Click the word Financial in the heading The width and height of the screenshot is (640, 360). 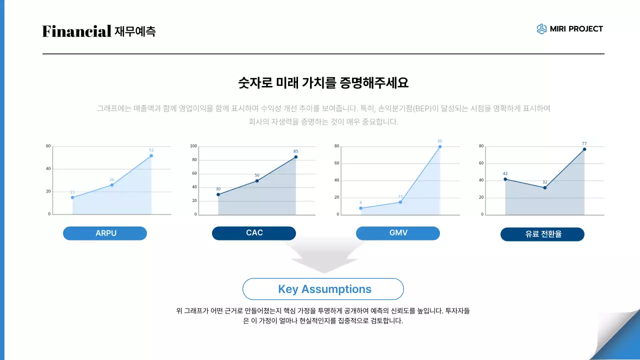pos(76,31)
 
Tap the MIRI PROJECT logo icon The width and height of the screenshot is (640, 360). pos(541,29)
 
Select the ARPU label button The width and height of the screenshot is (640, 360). pos(105,233)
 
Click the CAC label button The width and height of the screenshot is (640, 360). pos(254,233)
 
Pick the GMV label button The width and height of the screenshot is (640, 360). pos(398,233)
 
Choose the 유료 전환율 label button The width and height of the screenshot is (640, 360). pos(542,234)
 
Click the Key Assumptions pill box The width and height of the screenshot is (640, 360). pos(323,289)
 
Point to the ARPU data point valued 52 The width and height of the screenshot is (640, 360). pos(151,155)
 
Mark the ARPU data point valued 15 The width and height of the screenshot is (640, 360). pos(72,197)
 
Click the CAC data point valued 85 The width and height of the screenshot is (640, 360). pos(295,157)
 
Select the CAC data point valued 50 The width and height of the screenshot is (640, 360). pos(257,180)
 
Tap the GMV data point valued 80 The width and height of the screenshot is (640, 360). pos(440,146)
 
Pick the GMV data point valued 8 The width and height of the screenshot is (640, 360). pos(360,208)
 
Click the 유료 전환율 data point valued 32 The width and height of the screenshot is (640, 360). pos(544,187)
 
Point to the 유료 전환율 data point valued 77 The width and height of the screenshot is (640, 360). pos(584,149)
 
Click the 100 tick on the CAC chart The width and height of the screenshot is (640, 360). pos(194,146)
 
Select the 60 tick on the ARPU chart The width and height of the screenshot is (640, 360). pos(48,146)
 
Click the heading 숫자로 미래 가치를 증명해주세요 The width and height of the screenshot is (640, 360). pos(323,83)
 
